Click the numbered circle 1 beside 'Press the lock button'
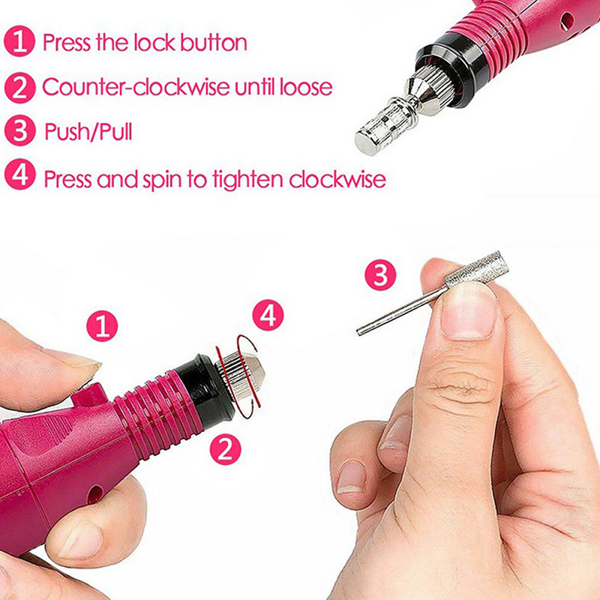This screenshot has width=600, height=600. (x=19, y=41)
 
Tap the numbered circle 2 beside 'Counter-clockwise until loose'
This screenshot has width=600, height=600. (x=19, y=87)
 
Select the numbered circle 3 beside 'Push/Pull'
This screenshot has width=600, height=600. (x=19, y=130)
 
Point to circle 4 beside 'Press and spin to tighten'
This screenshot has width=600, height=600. (x=19, y=175)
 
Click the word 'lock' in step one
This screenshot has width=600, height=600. (x=154, y=42)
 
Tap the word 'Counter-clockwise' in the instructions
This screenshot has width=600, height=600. (x=136, y=87)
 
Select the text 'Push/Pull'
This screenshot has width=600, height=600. (x=88, y=132)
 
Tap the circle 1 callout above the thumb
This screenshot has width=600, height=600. (x=102, y=326)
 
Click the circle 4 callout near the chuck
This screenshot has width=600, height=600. (x=268, y=315)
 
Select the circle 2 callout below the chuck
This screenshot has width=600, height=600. (x=226, y=448)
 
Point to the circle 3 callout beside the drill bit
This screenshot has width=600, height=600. (x=380, y=275)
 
